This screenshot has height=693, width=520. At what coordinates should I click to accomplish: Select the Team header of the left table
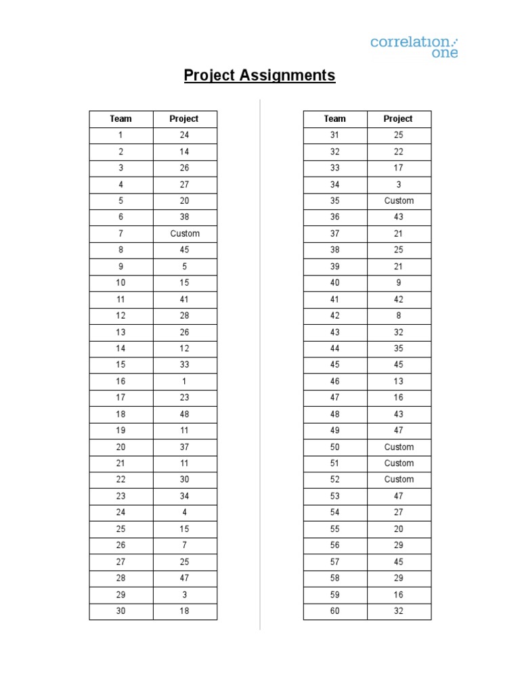[x=121, y=118]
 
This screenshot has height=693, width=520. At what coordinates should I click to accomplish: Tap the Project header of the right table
[x=398, y=118]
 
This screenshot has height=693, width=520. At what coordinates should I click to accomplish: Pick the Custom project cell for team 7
[x=185, y=233]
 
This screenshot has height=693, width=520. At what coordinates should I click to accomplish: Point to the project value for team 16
[x=185, y=381]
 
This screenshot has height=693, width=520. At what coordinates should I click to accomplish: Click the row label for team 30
[x=121, y=611]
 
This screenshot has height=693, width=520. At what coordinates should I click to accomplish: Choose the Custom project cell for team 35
[x=399, y=200]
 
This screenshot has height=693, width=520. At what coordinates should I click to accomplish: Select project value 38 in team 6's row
[x=185, y=217]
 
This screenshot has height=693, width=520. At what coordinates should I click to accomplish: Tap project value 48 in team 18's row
[x=185, y=414]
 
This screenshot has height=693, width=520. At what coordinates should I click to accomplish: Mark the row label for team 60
[x=334, y=611]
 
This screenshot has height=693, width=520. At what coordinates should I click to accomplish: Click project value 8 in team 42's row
[x=399, y=315]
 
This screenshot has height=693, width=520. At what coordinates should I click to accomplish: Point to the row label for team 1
[x=121, y=135]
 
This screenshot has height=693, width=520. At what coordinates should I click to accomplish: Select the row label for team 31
[x=334, y=135]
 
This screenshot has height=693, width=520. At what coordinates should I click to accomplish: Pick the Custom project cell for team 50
[x=399, y=447]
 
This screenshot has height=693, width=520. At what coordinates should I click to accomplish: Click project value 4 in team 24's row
[x=185, y=512]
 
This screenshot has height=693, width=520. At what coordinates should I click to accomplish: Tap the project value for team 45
[x=399, y=365]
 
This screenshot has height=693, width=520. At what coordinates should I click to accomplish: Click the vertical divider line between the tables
[x=260, y=365]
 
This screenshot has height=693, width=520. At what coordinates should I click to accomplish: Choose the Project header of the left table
[x=184, y=118]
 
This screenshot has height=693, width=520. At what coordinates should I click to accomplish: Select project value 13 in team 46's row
[x=399, y=381]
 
